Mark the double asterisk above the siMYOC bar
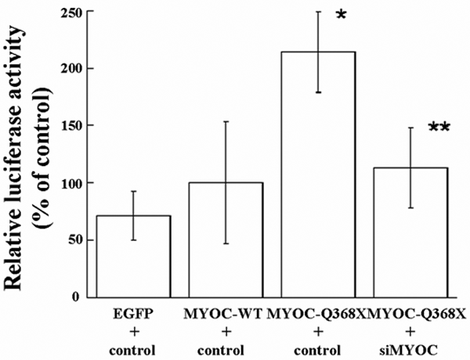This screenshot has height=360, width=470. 439,128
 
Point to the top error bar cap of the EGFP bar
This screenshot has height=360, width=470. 133,191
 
